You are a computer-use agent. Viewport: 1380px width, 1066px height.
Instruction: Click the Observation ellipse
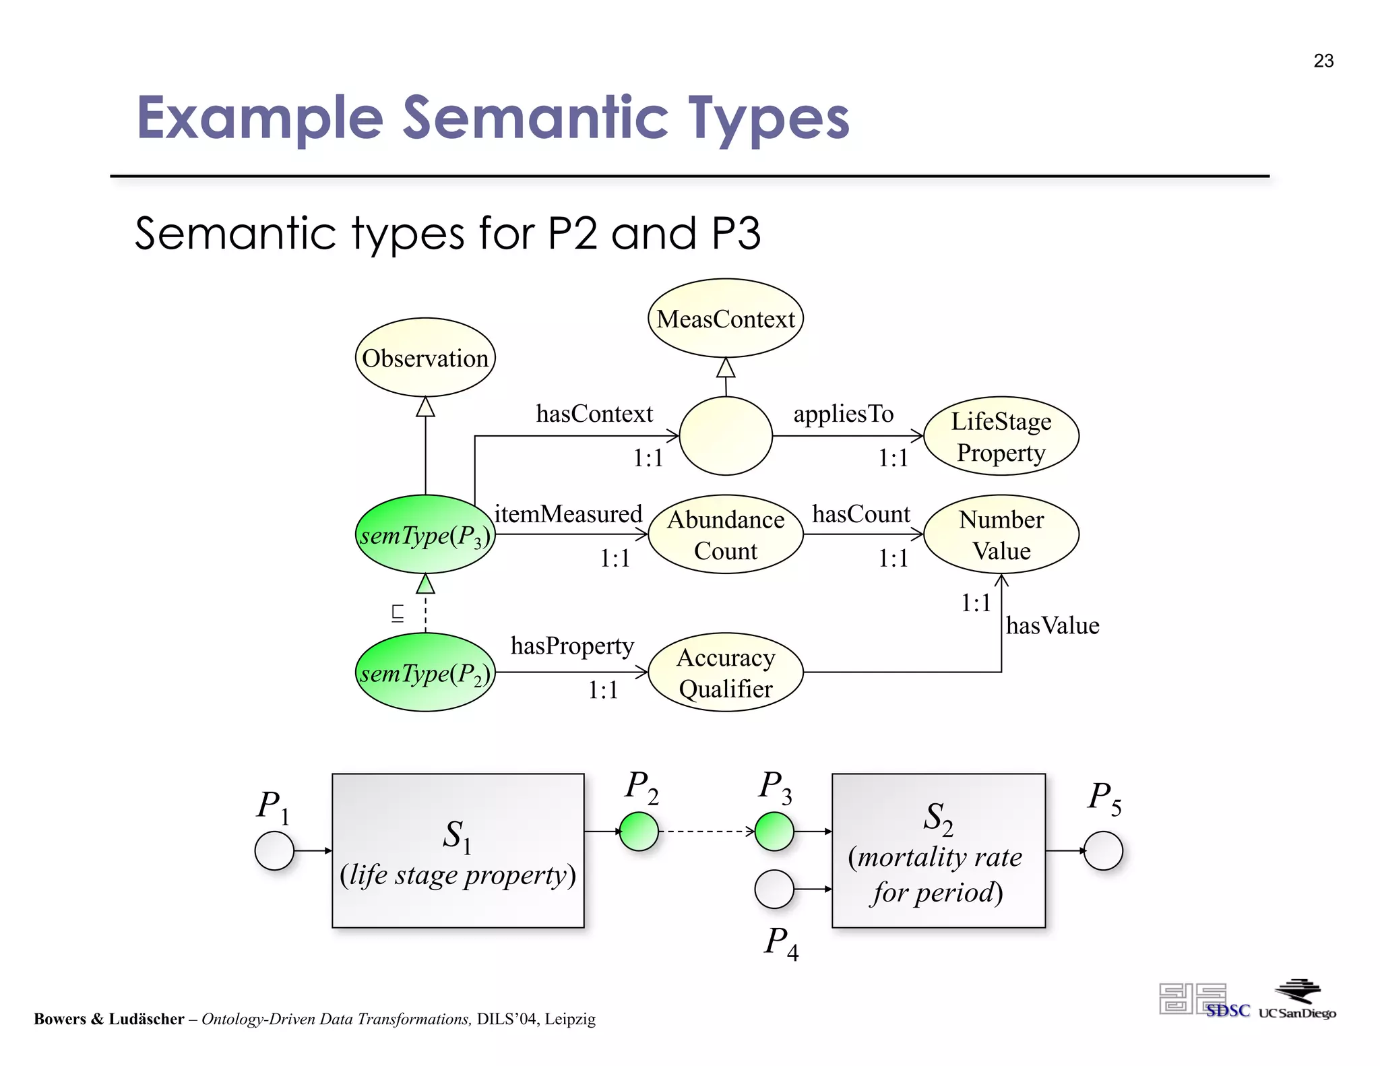[425, 358]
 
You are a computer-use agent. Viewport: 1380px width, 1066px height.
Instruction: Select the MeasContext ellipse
[726, 318]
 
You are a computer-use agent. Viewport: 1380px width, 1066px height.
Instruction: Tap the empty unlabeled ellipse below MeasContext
[726, 436]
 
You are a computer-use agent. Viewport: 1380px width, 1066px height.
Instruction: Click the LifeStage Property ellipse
[1001, 436]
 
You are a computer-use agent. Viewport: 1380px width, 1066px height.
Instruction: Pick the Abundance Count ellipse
[726, 534]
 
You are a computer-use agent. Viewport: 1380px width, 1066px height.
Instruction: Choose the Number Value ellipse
[1001, 534]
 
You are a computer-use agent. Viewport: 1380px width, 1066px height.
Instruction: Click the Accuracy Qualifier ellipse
[726, 672]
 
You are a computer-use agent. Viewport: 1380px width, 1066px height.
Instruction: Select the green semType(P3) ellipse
[425, 534]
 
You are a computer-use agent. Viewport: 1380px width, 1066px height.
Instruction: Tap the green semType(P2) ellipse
[425, 672]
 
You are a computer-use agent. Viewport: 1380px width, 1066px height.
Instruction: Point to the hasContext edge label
[594, 413]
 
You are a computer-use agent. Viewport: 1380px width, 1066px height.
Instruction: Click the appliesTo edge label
[843, 413]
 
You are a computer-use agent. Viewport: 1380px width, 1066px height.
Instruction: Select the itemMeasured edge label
[568, 513]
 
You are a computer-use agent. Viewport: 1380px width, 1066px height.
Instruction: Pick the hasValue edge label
[1053, 625]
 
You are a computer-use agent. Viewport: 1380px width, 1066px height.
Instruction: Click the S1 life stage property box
[458, 850]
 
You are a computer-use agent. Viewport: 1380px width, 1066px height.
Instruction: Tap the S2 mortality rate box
[938, 850]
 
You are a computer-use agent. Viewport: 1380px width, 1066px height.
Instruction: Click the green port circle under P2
[639, 832]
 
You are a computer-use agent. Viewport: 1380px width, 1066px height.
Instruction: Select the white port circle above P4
[774, 889]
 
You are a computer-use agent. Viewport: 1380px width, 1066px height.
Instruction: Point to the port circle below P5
[1103, 850]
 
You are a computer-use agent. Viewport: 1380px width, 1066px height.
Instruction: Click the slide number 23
[1323, 61]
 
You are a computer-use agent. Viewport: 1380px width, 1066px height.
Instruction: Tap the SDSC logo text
[1228, 1011]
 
